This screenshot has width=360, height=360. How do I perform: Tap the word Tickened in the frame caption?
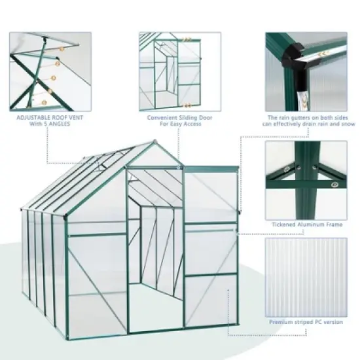point(283,224)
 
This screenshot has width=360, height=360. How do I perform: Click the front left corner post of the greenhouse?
point(69,288)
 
